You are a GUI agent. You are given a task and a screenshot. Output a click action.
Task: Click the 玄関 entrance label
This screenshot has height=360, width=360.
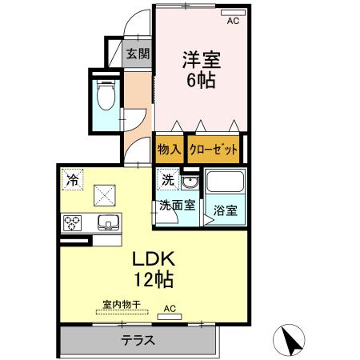pyautogui.click(x=138, y=54)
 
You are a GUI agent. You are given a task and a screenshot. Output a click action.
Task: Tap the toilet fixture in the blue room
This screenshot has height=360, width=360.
pyautogui.click(x=105, y=95)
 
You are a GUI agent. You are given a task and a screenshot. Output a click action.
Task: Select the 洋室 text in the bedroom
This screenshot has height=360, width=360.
pyautogui.click(x=201, y=59)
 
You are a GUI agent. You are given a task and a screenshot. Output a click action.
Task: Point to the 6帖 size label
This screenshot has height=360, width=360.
pyautogui.click(x=201, y=79)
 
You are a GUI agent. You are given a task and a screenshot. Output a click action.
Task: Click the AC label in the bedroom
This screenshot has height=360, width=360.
pyautogui.click(x=234, y=22)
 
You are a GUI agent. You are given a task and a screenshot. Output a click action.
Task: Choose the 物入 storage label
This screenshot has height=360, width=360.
pyautogui.click(x=169, y=149)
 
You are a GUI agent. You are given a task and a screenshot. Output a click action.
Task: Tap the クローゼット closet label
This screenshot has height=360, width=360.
pyautogui.click(x=214, y=149)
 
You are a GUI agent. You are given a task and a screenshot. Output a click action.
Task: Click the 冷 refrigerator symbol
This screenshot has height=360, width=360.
pyautogui.click(x=73, y=179)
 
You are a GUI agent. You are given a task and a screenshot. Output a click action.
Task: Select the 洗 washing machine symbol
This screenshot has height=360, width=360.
pyautogui.click(x=168, y=180)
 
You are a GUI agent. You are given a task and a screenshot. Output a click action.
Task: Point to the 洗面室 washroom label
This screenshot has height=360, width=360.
pyautogui.click(x=175, y=204)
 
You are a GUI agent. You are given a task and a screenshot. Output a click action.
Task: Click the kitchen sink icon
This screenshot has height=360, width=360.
pyautogui.click(x=108, y=222)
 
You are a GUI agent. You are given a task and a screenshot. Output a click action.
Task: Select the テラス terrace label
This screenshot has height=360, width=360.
pyautogui.click(x=138, y=340)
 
